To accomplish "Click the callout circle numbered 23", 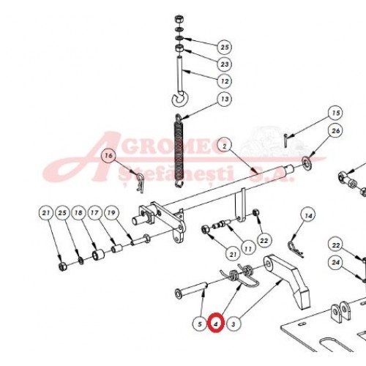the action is (225, 64).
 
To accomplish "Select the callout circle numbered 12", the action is (225, 81).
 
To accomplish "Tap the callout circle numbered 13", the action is (225, 99).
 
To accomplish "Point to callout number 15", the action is (335, 113).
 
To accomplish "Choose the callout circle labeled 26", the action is (335, 131).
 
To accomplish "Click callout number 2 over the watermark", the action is (225, 146).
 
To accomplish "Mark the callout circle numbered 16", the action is (109, 155).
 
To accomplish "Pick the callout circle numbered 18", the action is (78, 213).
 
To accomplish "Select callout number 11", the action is (248, 249).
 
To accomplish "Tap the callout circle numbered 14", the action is (308, 216).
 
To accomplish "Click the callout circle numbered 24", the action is (335, 263).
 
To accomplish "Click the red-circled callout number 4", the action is (216, 324).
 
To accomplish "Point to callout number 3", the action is (234, 324).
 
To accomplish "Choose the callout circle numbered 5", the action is (200, 324).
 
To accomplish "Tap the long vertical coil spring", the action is (180, 152).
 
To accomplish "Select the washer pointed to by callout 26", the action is (307, 163).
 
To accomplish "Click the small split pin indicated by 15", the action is (285, 141).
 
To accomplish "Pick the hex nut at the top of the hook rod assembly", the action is (179, 19).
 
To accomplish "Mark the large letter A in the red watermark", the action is (81, 159).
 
